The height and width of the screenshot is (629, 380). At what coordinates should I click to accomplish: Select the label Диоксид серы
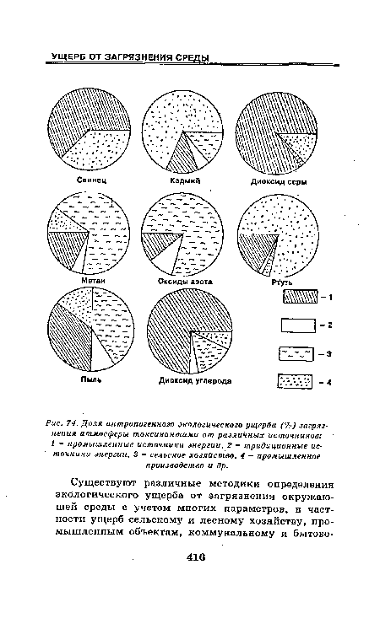coord(277,180)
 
